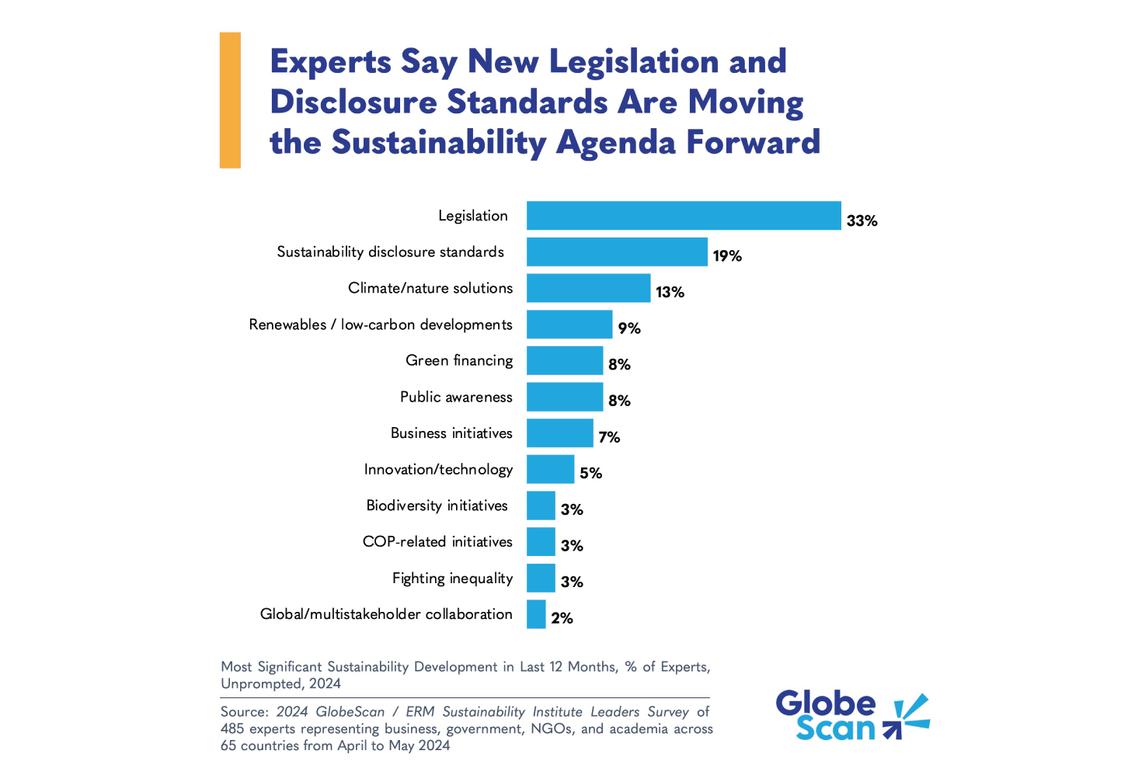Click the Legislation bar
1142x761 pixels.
click(684, 216)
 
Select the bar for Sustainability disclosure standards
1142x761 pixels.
click(617, 252)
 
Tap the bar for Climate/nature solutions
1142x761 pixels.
click(588, 288)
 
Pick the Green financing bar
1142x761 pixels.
click(565, 361)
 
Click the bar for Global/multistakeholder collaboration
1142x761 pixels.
click(536, 614)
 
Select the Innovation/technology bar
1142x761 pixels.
click(550, 470)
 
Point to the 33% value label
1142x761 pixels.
click(862, 221)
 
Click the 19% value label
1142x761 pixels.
click(727, 256)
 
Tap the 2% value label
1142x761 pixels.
click(562, 618)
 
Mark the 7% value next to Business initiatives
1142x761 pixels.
click(609, 437)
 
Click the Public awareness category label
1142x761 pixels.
click(456, 397)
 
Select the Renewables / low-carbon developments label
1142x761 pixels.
click(381, 325)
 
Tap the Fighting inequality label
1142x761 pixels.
click(452, 579)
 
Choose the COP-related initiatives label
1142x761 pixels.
click(437, 542)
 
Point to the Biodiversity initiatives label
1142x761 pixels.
click(437, 506)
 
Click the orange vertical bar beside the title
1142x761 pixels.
click(230, 100)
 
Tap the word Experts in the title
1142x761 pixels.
click(330, 62)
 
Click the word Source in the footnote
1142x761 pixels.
click(244, 712)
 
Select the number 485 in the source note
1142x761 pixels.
click(233, 729)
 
